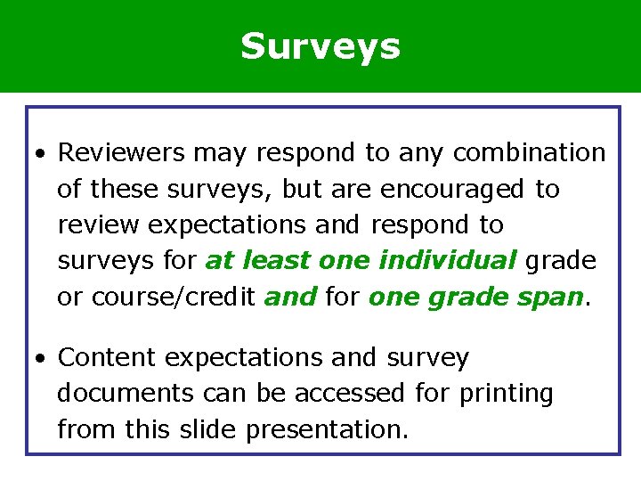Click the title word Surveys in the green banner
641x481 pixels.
coord(320,46)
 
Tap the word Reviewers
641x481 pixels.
coord(121,153)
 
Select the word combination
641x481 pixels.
coord(529,153)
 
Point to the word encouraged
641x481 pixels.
coord(452,189)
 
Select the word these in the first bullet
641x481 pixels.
coord(123,189)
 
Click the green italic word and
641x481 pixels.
coord(290,296)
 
